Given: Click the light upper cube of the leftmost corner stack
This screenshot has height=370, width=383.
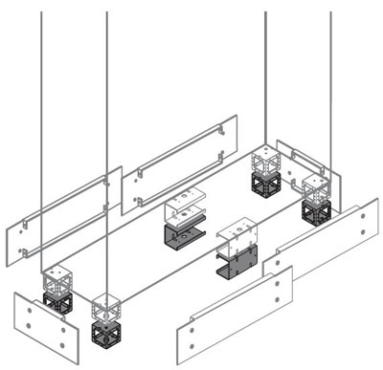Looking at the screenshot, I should (56, 279).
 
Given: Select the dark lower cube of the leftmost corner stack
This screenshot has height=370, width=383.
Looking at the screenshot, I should (58, 303).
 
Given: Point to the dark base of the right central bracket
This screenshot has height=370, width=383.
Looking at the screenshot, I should (236, 261).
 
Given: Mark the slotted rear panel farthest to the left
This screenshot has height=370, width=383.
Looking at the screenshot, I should (62, 215).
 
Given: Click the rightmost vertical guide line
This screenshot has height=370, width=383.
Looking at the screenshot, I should (330, 86).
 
